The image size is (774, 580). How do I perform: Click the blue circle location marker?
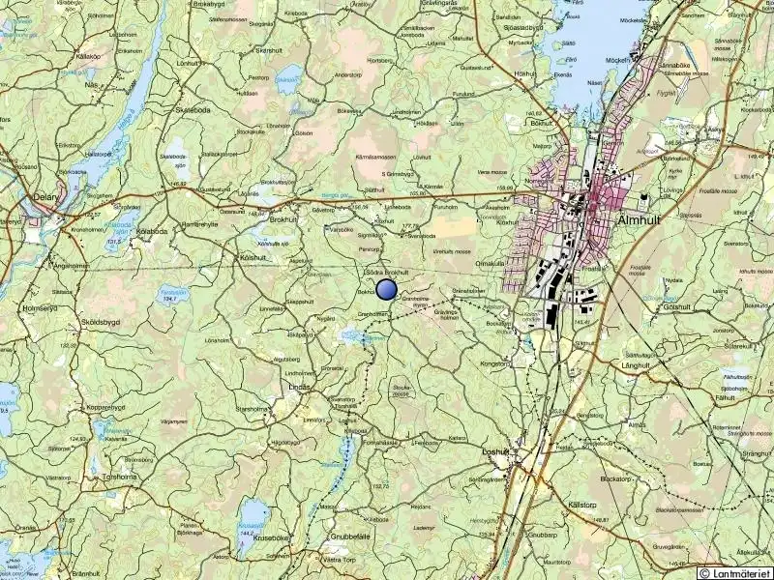[x=386, y=288]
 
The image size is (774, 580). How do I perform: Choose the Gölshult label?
[x=676, y=306]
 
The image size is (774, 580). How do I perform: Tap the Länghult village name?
[x=637, y=365]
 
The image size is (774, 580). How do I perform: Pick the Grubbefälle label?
[x=351, y=536]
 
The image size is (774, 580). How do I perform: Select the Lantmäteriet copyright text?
[x=737, y=573]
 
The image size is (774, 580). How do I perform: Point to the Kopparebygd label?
[x=106, y=407]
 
